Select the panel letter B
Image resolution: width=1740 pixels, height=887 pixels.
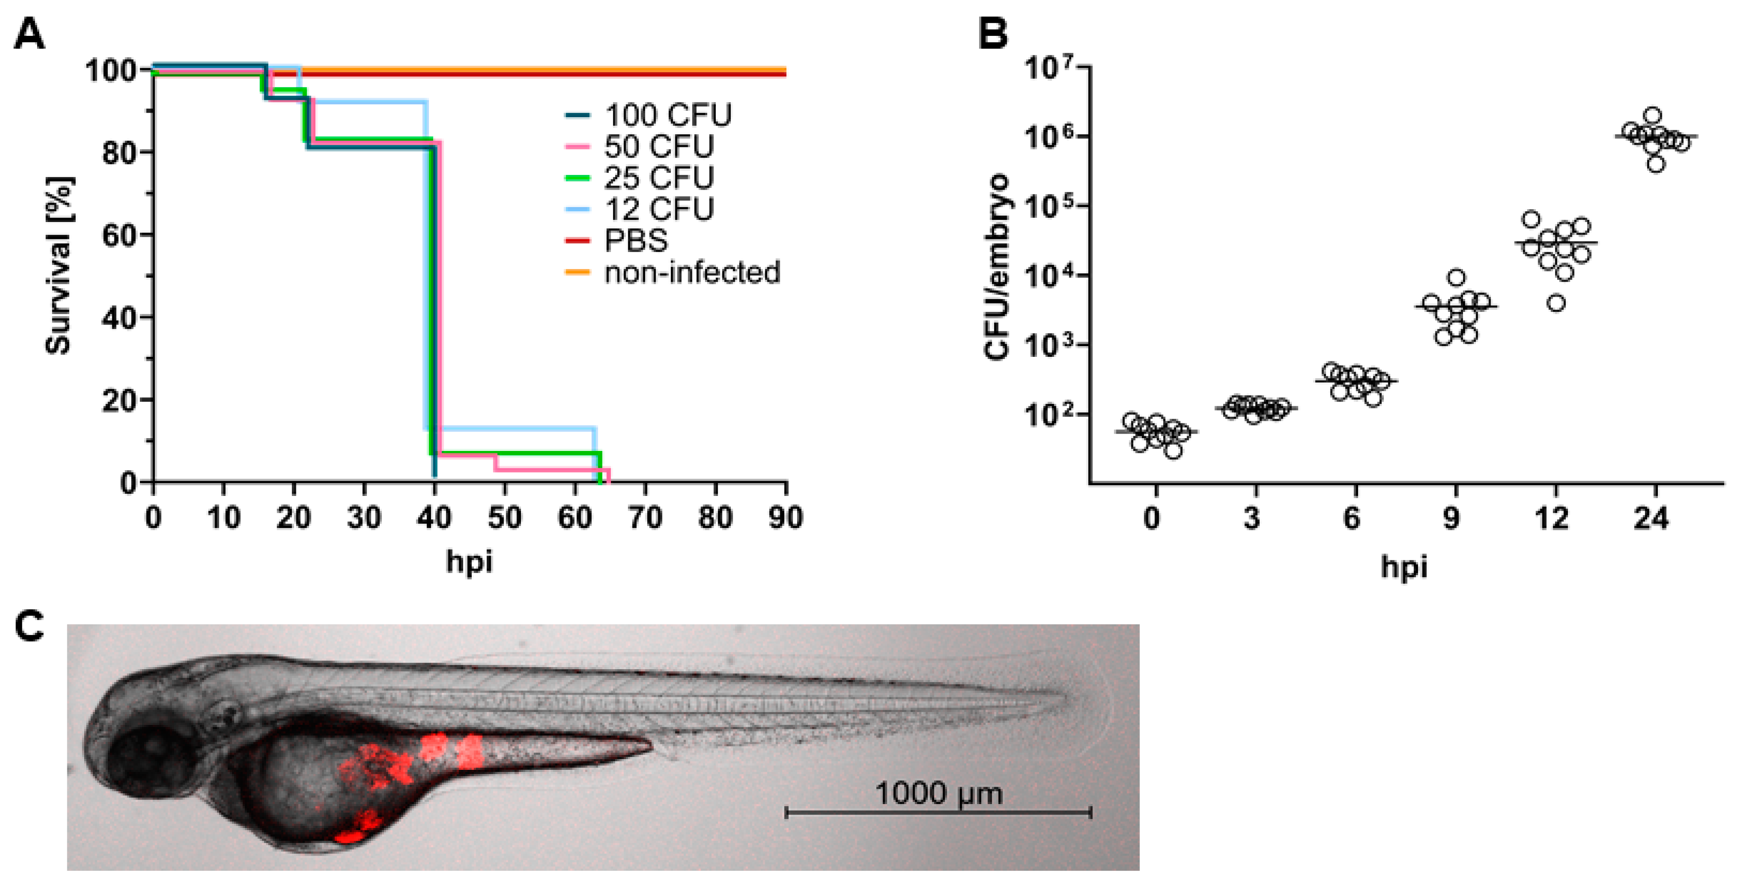(x=993, y=34)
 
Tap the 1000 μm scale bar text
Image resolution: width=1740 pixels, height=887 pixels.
(x=938, y=794)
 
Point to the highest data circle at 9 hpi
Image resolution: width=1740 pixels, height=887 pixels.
(x=1456, y=277)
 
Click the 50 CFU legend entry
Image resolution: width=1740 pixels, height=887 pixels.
(x=658, y=146)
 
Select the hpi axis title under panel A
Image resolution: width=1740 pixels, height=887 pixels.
(x=469, y=561)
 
